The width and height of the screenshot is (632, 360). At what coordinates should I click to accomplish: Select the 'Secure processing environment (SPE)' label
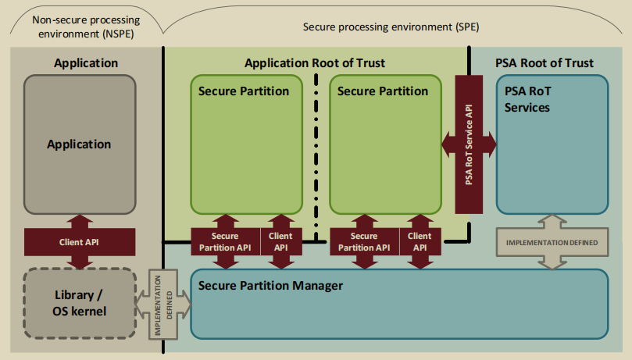[x=391, y=27]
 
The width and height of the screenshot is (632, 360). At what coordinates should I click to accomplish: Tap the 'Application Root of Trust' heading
[x=315, y=62]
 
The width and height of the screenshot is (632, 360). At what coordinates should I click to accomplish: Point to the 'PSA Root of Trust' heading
[x=544, y=62]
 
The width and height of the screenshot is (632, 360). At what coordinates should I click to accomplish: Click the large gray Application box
[x=79, y=144]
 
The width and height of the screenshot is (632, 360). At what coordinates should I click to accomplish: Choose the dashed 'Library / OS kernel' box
[x=79, y=304]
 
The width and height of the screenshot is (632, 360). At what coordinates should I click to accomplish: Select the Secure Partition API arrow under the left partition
[x=226, y=242]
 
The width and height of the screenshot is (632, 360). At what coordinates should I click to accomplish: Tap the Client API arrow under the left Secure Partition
[x=280, y=242]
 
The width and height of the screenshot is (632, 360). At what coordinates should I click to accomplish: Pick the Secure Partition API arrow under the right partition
[x=364, y=242]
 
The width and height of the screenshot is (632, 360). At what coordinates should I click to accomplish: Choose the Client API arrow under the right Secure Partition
[x=419, y=242]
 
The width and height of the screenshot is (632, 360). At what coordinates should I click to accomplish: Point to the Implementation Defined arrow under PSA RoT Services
[x=552, y=243]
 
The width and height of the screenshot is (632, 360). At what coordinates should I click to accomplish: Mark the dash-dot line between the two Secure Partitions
[x=316, y=156]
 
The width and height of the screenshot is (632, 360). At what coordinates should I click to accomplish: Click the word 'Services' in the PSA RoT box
[x=527, y=107]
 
